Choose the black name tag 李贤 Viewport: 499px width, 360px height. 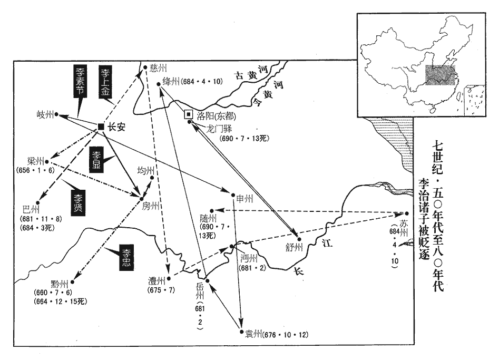coord(77,201)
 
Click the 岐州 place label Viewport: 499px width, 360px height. coord(44,114)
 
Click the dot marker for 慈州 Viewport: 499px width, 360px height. coord(145,67)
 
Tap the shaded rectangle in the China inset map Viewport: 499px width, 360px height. coord(438,76)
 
